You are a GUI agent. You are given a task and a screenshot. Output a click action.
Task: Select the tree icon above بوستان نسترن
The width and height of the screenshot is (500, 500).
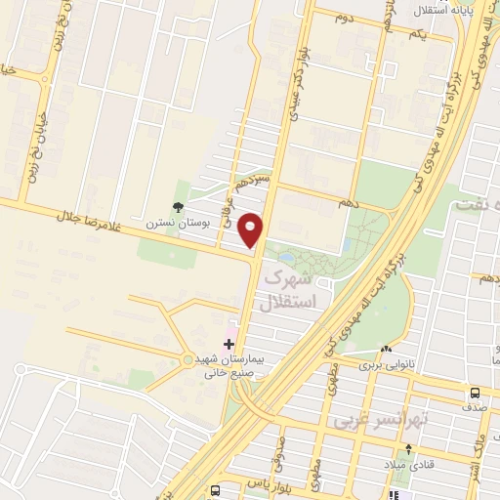[x=178, y=206]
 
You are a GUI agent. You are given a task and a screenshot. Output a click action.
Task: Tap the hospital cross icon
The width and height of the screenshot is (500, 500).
[x=229, y=344]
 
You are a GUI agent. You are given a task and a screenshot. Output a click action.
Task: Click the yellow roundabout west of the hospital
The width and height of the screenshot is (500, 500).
[x=187, y=362]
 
